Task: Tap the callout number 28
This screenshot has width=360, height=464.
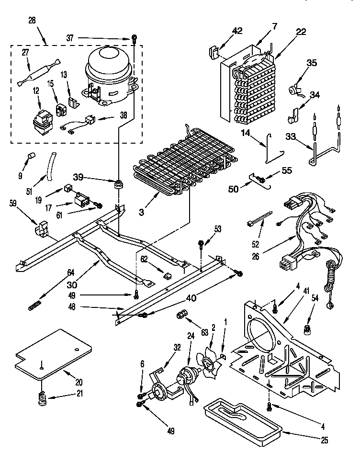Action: [x=32, y=20]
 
